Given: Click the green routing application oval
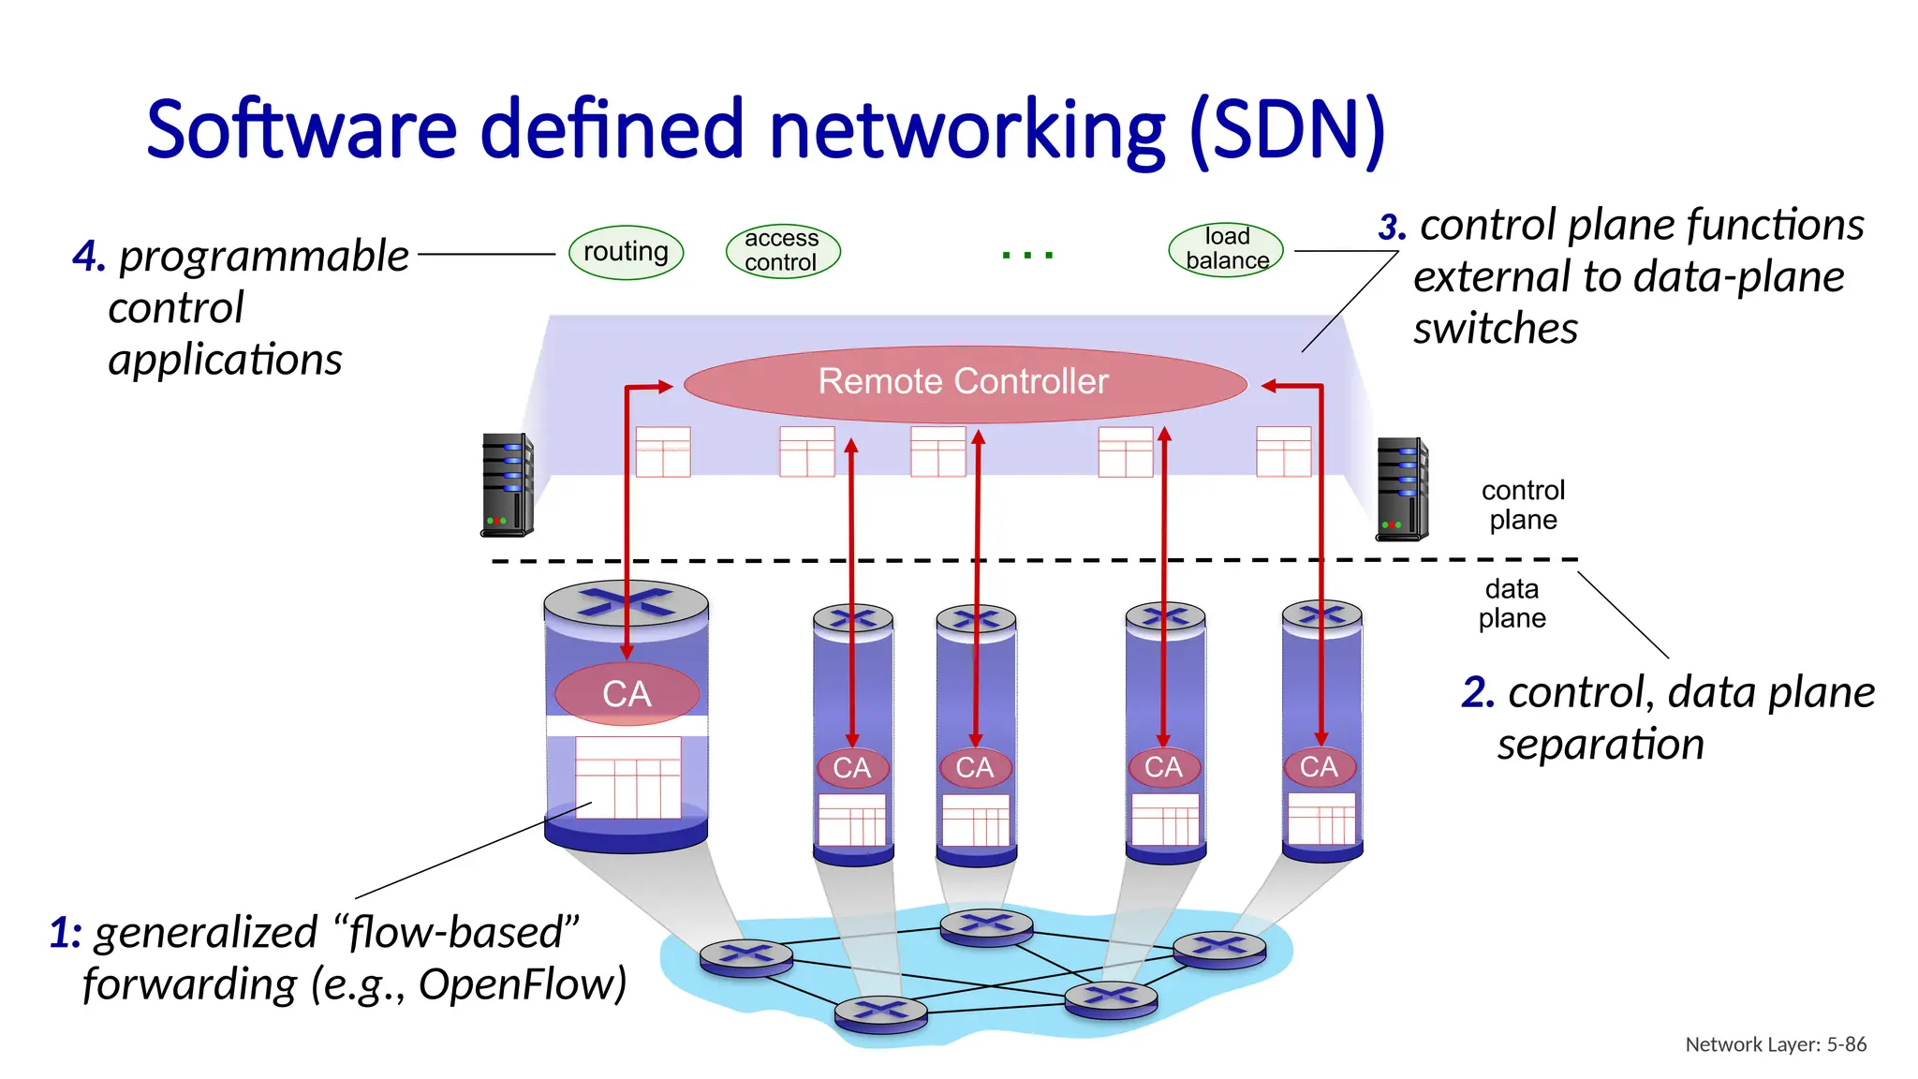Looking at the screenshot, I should click(x=626, y=252).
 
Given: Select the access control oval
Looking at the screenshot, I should click(x=783, y=251).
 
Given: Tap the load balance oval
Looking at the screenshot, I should click(x=1226, y=249).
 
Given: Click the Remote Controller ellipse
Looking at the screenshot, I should click(x=965, y=382).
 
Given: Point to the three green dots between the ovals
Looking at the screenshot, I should click(x=1027, y=255).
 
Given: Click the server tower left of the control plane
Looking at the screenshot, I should click(x=507, y=485).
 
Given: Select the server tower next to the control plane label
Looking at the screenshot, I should click(x=1401, y=489).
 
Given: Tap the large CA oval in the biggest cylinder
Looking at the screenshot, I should click(x=627, y=694).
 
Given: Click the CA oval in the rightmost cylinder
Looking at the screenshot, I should click(x=1319, y=767).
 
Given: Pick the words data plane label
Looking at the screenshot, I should click(x=1512, y=603).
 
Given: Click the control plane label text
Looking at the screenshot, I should click(x=1523, y=505).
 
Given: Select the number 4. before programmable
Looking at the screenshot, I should click(x=89, y=257).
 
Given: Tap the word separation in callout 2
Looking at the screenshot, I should click(x=1600, y=746).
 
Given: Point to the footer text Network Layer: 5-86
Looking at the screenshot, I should click(x=1775, y=1044).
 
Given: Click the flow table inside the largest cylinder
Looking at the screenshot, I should click(x=627, y=777).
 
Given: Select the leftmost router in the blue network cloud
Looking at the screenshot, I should click(x=746, y=957).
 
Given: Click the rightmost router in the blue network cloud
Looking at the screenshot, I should click(x=1219, y=949).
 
